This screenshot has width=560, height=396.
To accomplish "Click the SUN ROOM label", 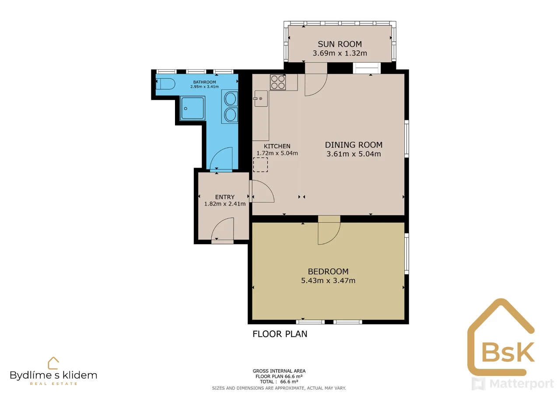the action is coord(340,44).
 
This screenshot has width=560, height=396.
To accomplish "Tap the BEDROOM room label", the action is coord(328,271).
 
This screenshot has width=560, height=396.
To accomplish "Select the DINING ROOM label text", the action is coord(353,145).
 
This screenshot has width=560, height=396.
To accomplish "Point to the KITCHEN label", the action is coord(277,146).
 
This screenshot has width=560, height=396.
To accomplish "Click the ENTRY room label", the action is coord(225,197).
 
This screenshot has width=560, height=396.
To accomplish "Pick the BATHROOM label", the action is coord(204,82).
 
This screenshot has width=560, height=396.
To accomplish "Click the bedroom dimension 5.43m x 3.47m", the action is coord(328,280).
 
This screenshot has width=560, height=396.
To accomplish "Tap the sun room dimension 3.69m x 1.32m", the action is coord(340,53).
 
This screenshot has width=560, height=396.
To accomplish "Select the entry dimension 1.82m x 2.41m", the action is coord(225,204).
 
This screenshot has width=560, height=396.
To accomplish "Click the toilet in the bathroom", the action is coord(165,84).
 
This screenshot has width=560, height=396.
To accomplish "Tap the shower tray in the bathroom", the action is coord(192,108).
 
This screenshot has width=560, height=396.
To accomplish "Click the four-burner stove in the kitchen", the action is coord(278,82).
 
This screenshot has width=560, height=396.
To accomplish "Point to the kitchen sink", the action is coord(261,98).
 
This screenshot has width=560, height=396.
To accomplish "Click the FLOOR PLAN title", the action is coord(280,334).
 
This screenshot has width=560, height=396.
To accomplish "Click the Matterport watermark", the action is coord(512,383).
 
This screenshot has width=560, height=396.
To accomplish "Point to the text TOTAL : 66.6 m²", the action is coord(279,382).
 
